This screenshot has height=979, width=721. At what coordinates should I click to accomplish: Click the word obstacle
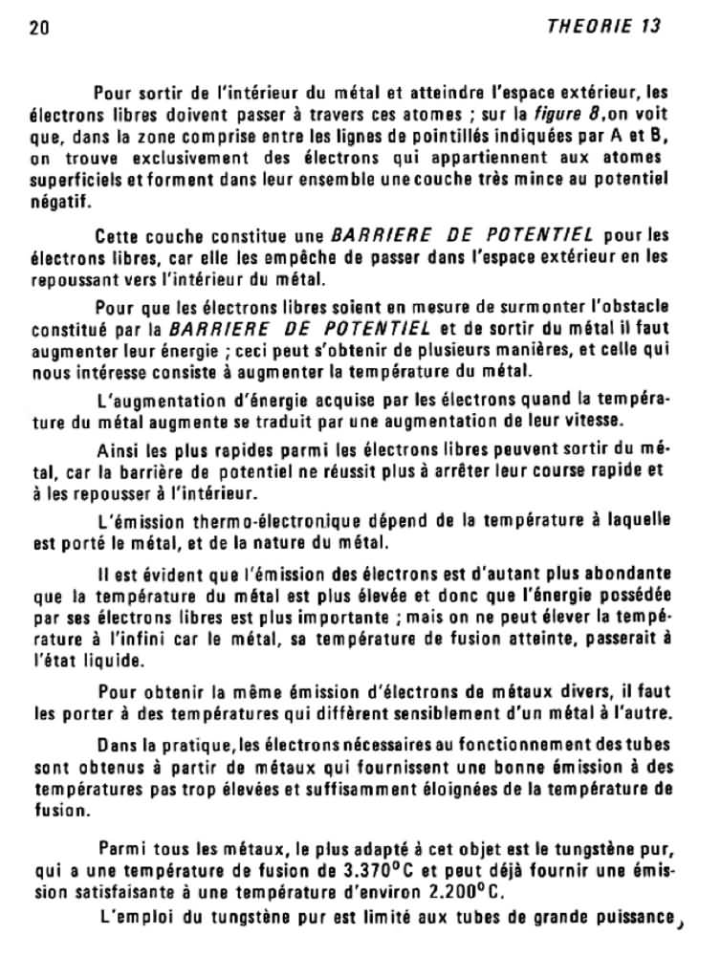[627, 306]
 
